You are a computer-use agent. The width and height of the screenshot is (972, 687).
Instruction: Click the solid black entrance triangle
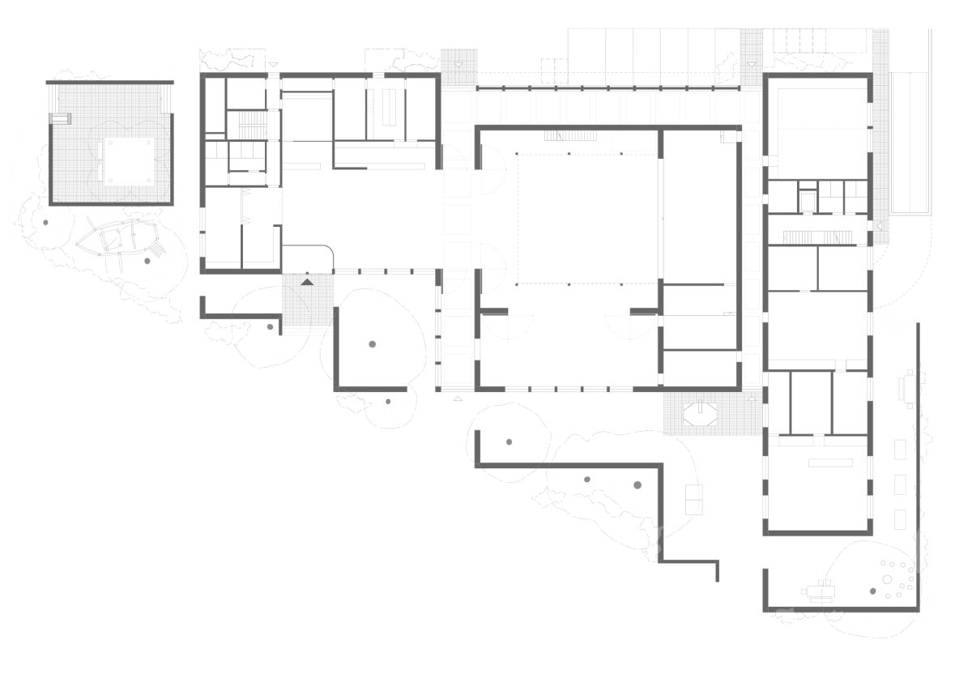tap(307, 282)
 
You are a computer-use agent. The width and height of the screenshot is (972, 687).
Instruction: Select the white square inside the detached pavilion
tap(126, 160)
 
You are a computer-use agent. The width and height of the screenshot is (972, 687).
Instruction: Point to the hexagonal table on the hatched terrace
tap(699, 414)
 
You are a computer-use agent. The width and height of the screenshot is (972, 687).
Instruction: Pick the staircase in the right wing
tap(817, 237)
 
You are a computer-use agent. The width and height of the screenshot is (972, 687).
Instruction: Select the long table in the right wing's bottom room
tap(830, 463)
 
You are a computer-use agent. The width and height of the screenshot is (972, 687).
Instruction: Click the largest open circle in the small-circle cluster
tap(888, 579)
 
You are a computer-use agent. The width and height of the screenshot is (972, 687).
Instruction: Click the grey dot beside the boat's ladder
tap(147, 261)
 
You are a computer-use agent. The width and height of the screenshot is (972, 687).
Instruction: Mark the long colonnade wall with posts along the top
tap(607, 87)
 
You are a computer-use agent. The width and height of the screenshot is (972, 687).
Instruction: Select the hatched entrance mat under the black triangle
tap(307, 300)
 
